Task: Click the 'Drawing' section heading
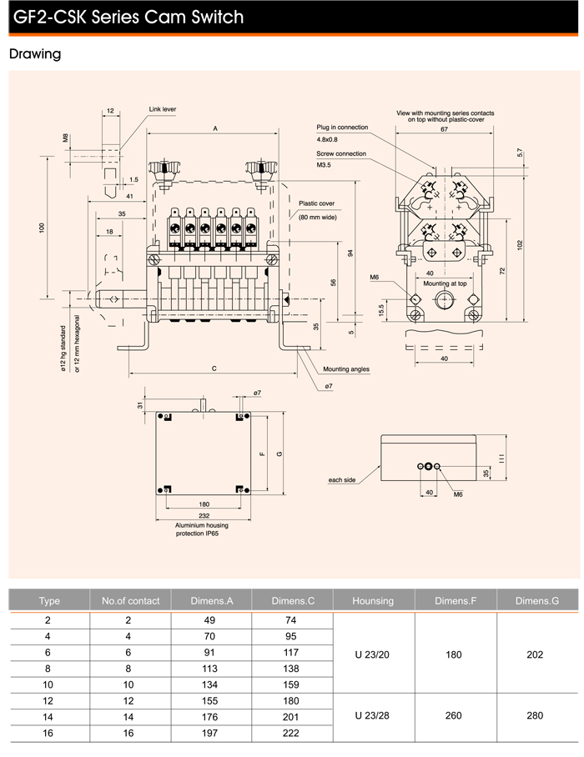click(x=35, y=55)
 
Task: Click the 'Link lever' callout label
click(x=163, y=109)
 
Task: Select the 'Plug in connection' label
click(x=342, y=128)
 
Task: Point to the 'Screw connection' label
click(x=341, y=154)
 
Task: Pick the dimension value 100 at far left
click(x=41, y=228)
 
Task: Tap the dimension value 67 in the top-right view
click(x=445, y=130)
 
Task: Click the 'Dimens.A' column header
click(x=212, y=600)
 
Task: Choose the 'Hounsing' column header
click(x=373, y=600)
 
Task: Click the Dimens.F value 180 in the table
click(x=454, y=654)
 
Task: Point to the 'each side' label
click(x=343, y=480)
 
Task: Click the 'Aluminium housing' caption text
click(x=201, y=525)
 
